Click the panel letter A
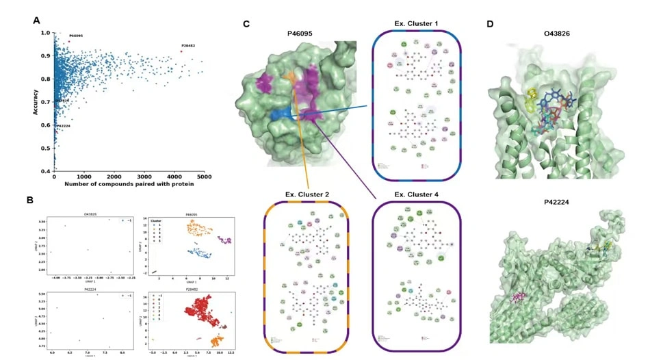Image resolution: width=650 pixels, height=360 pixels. coord(36,21)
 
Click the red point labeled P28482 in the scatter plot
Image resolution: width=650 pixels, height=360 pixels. coord(181,51)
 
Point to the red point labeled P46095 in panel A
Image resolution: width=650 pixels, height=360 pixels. coord(68,41)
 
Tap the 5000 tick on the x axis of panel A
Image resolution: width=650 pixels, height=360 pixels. coord(203,177)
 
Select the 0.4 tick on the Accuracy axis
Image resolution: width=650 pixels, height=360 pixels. coord(45,171)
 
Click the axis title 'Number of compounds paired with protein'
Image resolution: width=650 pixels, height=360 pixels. coord(129,184)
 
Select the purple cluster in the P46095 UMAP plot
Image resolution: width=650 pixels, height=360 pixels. coord(225,241)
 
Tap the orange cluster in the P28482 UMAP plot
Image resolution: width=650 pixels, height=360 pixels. coord(217,339)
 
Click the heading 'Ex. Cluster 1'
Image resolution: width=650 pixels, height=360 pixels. coord(416,24)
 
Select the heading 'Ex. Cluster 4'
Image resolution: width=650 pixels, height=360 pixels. coord(416,195)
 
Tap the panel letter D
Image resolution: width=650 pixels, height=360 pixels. coord(489,23)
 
